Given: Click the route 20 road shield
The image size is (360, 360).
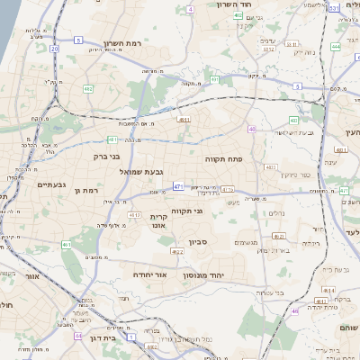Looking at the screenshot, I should click(54, 49).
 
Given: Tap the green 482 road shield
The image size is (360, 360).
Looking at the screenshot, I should click(88, 89).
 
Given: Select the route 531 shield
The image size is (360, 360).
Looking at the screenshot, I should click(333, 8).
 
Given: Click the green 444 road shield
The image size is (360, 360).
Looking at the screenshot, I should click(336, 45).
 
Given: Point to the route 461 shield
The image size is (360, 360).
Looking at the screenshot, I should click(67, 245).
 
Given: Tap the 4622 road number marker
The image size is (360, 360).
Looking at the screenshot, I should click(178, 252).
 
